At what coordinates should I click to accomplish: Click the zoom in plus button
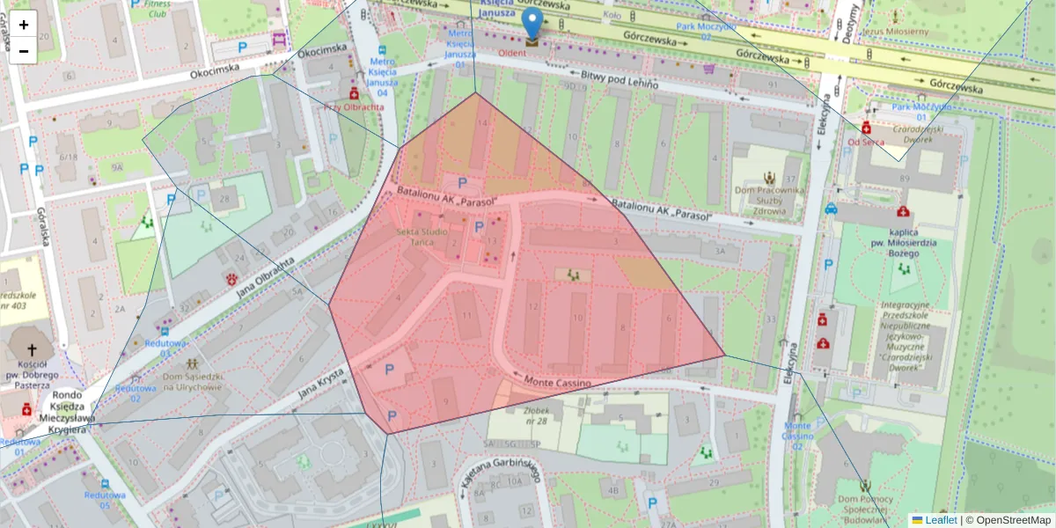pyautogui.click(x=24, y=25)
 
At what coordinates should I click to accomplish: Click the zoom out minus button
pyautogui.click(x=24, y=51)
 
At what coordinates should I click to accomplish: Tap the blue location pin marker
pyautogui.click(x=532, y=25)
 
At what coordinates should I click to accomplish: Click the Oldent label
pyautogui.click(x=513, y=52)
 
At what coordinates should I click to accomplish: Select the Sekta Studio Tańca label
pyautogui.click(x=422, y=236)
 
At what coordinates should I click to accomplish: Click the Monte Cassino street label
pyautogui.click(x=559, y=380)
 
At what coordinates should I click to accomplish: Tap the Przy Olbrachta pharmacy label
pyautogui.click(x=354, y=106)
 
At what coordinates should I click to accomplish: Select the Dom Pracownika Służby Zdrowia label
pyautogui.click(x=772, y=201)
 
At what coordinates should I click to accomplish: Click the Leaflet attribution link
pyautogui.click(x=941, y=520)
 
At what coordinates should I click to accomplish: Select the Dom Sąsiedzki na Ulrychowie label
pyautogui.click(x=192, y=381)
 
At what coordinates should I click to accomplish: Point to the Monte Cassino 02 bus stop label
pyautogui.click(x=796, y=436)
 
